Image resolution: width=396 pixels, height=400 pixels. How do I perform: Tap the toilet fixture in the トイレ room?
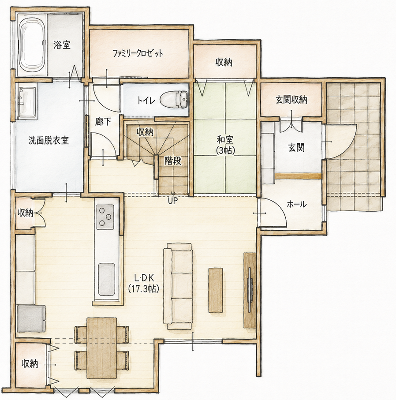pos(175,100)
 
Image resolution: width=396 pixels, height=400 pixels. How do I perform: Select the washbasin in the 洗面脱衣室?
pos(26,101)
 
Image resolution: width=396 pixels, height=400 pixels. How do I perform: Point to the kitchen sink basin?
pos(106,279)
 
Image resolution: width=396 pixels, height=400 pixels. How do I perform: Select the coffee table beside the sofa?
pos(216,290)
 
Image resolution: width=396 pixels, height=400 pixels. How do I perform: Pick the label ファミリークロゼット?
pos(138,53)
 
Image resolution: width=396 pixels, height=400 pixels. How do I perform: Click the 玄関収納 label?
pos(291,100)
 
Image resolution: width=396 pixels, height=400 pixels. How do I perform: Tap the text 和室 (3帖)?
pos(225,145)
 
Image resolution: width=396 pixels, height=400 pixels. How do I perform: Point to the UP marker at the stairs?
pos(173,201)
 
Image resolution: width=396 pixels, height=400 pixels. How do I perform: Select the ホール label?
pos(296,204)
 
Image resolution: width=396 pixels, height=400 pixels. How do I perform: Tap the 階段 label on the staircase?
pos(172,161)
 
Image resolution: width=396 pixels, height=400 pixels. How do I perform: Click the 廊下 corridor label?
pos(103,122)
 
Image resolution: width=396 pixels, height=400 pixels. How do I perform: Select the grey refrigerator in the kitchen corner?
pos(31,318)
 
